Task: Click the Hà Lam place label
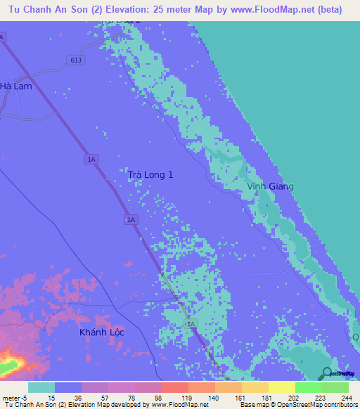[16, 86]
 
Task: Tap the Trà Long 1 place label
[150, 174]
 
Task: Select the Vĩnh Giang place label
[270, 186]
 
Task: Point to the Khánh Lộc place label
[101, 332]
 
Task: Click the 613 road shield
[76, 60]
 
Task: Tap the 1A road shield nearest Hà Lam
[3, 35]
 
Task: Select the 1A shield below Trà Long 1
[131, 220]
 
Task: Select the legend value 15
[51, 397]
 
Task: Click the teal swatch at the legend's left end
[41, 387]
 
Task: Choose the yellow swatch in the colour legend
[281, 387]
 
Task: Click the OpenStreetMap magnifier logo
[327, 372]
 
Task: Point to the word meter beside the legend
[12, 397]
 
